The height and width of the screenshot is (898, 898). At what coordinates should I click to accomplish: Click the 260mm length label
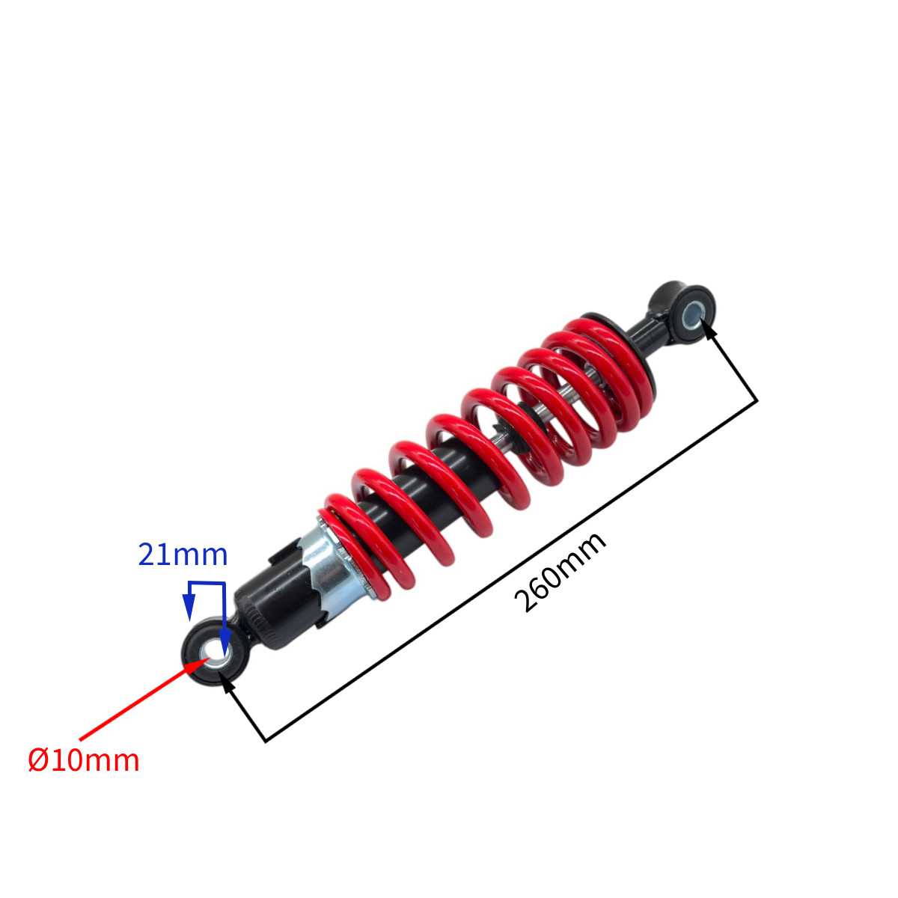coord(560,572)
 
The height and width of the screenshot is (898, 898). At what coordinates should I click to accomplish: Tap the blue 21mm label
coord(183,555)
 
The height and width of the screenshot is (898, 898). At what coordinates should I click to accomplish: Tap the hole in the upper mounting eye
coord(692,316)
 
